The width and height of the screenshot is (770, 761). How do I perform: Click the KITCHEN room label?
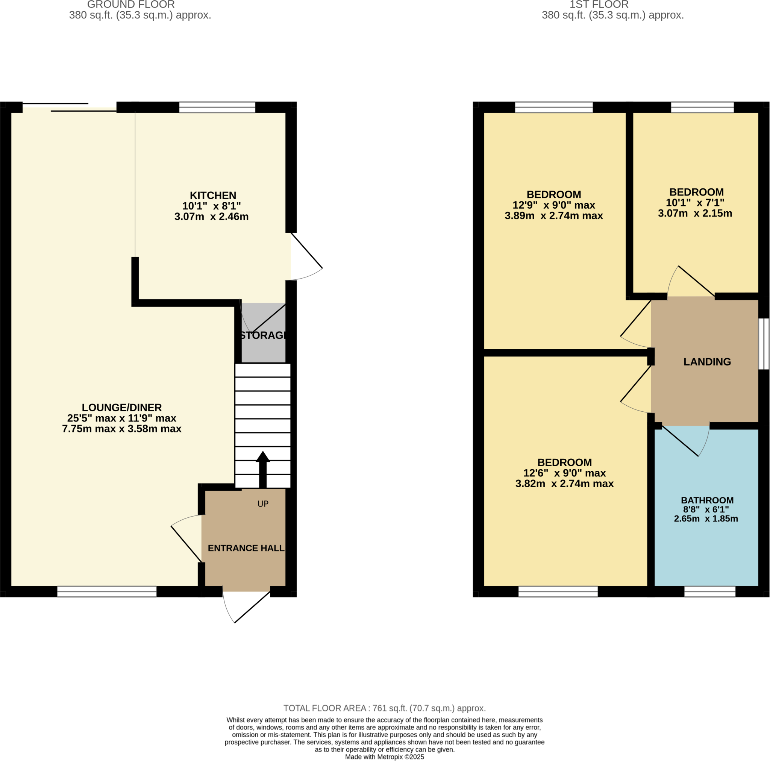213,196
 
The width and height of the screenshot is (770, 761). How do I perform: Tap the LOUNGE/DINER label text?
121,408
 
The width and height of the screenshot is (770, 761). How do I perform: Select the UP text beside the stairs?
263,504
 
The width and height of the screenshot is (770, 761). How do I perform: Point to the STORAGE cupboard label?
264,335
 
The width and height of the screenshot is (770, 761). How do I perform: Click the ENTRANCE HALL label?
246,548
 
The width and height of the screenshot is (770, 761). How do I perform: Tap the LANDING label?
707,362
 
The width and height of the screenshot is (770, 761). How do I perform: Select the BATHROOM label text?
707,500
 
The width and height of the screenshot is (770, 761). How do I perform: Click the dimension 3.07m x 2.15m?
695,213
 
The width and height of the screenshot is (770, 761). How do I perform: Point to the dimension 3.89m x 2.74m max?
553,216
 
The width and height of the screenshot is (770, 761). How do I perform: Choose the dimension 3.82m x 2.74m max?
564,484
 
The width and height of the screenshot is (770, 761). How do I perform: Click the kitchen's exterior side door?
306,250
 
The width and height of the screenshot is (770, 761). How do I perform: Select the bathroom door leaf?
680,441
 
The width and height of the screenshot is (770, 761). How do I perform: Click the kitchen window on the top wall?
217,107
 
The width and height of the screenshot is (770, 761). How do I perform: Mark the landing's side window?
763,344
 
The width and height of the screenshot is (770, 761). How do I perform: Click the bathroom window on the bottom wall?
710,591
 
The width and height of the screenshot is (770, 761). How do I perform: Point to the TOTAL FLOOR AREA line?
385,708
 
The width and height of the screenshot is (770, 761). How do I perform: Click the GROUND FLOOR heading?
131,5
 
